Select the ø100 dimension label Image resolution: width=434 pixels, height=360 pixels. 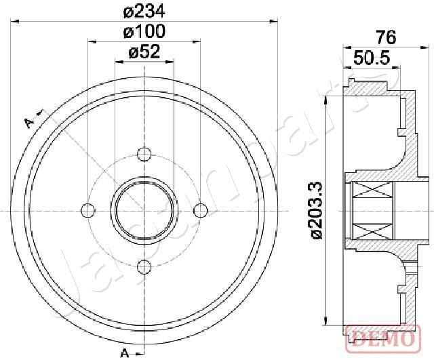coord(144,31)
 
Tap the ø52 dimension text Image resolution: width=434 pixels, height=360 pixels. coord(144,52)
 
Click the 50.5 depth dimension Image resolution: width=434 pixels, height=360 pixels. coord(372,58)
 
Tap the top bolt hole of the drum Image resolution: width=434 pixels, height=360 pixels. coord(144,154)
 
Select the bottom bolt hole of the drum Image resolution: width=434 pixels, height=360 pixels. coord(144,266)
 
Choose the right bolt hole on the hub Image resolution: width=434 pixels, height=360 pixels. coord(200,210)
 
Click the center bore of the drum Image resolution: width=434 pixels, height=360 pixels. coord(144,210)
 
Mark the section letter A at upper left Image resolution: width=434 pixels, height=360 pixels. coord(28,122)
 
